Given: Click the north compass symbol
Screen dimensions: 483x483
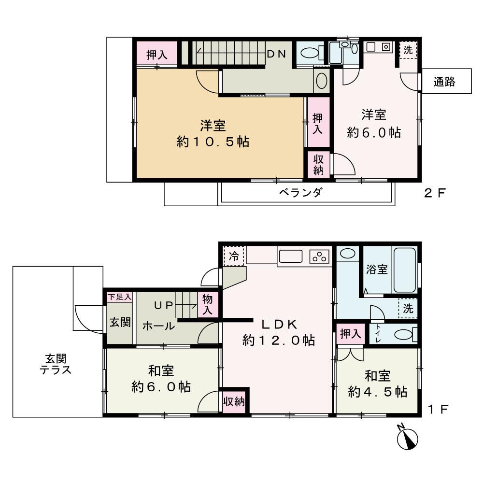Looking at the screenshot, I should click(x=406, y=437).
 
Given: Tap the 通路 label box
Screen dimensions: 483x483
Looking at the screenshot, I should click(x=444, y=82).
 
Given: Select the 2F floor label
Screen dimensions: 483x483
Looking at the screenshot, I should click(x=434, y=194).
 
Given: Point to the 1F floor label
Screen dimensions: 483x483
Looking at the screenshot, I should click(x=439, y=410).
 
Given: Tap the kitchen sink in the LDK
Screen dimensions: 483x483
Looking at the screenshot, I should click(x=290, y=256).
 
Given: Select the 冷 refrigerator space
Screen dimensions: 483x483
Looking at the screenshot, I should click(x=234, y=256).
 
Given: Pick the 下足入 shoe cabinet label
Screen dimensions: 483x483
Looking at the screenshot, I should click(x=119, y=297).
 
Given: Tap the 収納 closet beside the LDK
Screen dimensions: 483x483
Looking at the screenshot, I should click(x=234, y=401).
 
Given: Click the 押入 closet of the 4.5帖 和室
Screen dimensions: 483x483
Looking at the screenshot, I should click(x=350, y=334).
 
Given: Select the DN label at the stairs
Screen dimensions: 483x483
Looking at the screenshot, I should click(x=277, y=54).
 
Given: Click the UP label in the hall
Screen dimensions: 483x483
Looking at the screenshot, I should click(x=163, y=305).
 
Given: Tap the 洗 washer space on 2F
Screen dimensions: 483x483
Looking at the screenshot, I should click(x=408, y=50).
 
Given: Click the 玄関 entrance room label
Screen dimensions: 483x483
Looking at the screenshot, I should click(x=119, y=322).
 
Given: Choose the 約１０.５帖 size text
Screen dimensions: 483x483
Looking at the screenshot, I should click(x=213, y=142).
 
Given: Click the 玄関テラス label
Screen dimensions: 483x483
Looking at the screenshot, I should click(x=56, y=365).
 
